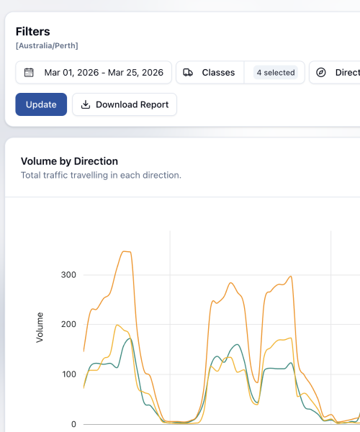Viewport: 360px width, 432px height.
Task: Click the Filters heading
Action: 33,32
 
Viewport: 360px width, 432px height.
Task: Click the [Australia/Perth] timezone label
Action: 47,46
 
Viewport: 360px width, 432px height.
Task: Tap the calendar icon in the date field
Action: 30,73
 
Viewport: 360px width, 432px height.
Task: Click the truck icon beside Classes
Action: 188,73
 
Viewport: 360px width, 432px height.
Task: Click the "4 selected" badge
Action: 275,73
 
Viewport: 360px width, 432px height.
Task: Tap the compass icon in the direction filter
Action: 321,73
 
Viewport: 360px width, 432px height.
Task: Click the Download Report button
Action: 125,104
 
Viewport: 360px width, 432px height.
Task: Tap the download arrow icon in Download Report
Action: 86,104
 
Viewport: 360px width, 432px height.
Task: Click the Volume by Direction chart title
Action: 69,161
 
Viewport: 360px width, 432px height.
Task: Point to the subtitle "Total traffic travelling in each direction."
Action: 101,175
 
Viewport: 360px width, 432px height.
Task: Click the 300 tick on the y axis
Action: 68,275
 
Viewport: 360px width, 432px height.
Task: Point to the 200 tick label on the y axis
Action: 68,325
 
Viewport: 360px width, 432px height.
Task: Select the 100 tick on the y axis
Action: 68,374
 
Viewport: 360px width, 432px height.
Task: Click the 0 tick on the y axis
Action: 73,423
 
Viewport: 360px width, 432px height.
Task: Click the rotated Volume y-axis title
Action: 40,327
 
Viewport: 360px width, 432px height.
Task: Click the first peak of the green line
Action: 129,339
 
